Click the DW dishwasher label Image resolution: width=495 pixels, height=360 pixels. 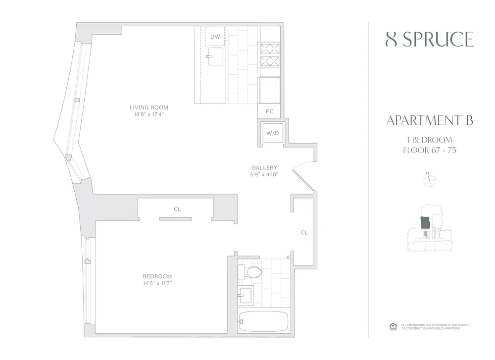[215, 37]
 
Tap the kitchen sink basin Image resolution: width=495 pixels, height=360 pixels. [215, 55]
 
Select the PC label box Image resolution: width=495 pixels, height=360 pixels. [269, 111]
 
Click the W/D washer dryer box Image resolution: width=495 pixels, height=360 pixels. [272, 133]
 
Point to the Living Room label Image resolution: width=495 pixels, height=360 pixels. [148, 107]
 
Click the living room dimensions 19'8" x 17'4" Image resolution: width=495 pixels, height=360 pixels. [148, 114]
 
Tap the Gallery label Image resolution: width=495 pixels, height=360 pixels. [264, 167]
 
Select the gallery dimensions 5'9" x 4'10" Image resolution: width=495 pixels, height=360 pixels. [264, 174]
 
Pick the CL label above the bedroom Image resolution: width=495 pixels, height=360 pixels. [177, 209]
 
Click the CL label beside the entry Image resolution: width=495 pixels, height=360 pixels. [304, 232]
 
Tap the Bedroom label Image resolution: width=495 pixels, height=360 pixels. [157, 276]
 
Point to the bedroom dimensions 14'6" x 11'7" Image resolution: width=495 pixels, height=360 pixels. [157, 283]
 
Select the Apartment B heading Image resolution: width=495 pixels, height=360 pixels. [429, 120]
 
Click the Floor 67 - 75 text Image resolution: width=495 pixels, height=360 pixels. [429, 150]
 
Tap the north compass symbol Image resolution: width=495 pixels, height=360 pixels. [429, 180]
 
